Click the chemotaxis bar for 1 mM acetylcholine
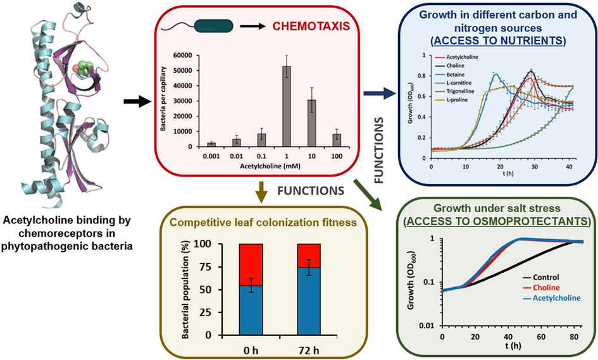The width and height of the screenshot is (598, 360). pos(287,106)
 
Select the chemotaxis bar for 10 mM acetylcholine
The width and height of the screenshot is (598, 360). pos(311,123)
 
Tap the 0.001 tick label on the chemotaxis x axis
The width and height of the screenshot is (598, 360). pos(211,156)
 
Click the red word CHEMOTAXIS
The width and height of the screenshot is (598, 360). pos(311,26)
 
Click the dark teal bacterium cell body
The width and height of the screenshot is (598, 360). pos(214,25)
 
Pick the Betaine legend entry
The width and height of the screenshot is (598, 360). pos(456,75)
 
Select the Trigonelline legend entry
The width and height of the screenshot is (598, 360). pos(460,91)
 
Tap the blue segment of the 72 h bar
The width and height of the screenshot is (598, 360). pos(309,301)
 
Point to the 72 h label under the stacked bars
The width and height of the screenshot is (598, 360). pos(309,350)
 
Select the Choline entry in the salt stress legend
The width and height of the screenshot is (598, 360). pos(546,287)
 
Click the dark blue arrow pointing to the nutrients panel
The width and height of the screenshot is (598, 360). pos(380,93)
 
